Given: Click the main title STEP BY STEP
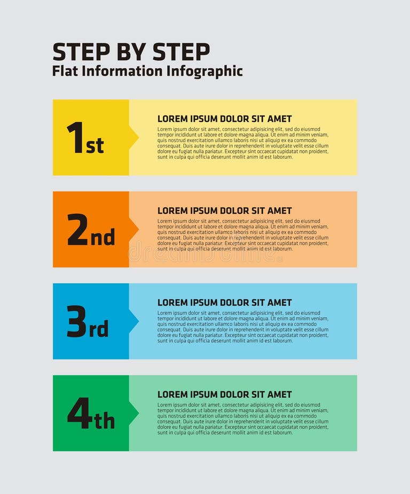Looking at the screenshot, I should (x=131, y=52).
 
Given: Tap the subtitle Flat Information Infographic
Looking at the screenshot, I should (x=147, y=71).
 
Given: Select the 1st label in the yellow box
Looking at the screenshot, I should (x=85, y=138).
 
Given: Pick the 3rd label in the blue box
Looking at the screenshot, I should (x=88, y=322).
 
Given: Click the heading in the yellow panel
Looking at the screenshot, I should (x=224, y=119).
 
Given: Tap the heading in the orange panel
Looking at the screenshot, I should (x=224, y=210).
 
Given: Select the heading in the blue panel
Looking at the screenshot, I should (x=224, y=302).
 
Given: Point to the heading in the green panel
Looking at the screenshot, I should (x=224, y=394).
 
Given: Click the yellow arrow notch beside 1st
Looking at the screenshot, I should (x=133, y=138).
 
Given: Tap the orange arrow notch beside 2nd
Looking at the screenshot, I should (x=133, y=230).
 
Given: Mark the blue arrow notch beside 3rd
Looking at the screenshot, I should (x=133, y=322).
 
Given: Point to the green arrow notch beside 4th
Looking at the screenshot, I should (x=133, y=413).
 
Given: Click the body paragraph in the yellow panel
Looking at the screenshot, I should (x=243, y=143).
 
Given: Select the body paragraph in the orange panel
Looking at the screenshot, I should (x=243, y=235).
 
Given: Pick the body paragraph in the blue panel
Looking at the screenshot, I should (x=243, y=327).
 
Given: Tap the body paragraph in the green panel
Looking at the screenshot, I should (x=243, y=419).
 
